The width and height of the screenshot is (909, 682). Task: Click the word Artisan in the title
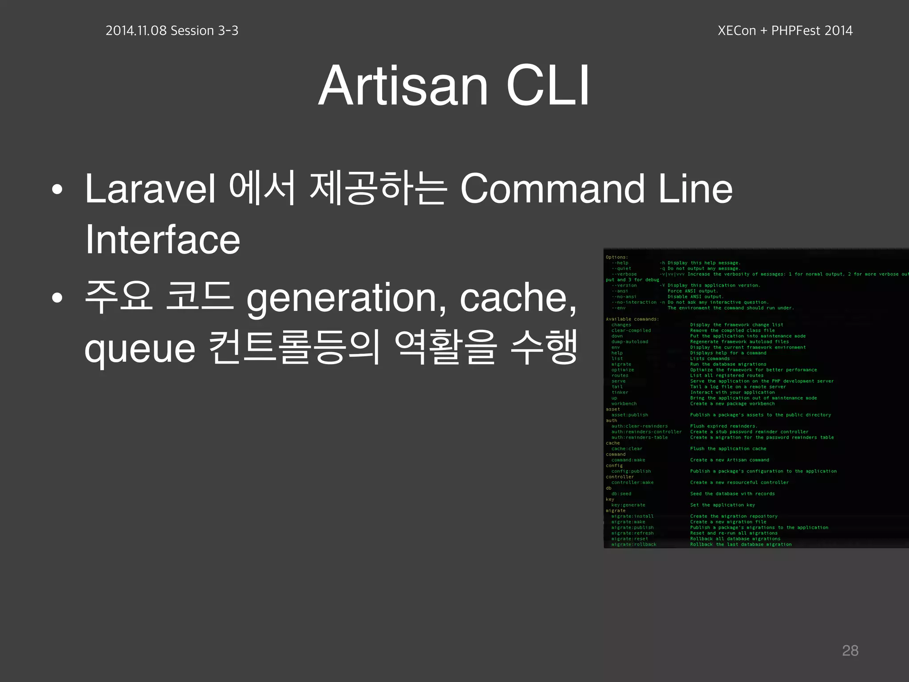click(403, 85)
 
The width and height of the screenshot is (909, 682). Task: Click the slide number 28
click(850, 650)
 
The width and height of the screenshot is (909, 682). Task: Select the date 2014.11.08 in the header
click(136, 31)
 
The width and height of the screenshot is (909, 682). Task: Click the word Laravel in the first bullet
click(150, 189)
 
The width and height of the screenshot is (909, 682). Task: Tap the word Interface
click(162, 240)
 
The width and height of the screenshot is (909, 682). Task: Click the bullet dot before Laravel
click(57, 190)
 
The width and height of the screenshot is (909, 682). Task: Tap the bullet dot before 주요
click(57, 298)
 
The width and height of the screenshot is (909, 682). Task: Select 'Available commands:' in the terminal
click(632, 319)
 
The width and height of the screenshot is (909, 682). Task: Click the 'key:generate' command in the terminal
click(628, 505)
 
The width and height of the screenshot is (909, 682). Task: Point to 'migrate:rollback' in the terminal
click(633, 544)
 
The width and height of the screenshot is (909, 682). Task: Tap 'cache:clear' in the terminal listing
click(626, 449)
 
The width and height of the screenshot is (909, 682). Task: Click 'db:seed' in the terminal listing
click(621, 494)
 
